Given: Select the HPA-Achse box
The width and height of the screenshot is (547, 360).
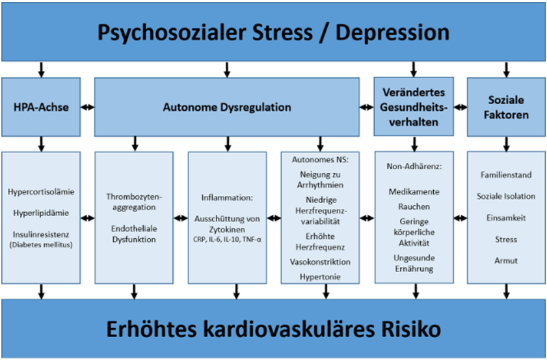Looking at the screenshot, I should point(41,107).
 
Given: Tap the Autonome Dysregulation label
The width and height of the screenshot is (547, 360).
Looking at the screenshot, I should point(226,107).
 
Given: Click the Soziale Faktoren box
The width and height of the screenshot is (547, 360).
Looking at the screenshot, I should point(506,107).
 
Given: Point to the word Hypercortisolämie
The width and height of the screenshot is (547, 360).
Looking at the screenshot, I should point(41,192).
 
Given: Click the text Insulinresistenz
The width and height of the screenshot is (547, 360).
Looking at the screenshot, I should point(41,234).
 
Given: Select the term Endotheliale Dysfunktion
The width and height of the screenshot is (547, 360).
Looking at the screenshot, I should point(134,234).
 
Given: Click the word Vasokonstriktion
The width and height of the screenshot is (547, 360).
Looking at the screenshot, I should point(320,262).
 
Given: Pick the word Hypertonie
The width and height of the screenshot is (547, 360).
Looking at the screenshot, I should point(320,277).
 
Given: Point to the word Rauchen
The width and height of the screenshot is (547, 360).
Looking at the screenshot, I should point(414,206).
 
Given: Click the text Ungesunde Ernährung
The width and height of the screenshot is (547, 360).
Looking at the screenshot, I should point(414,263).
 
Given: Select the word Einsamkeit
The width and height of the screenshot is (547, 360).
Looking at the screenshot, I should point(506,218).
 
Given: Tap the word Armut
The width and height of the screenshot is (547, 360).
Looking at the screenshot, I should point(506,260).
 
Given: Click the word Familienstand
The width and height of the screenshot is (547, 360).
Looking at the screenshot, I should point(506,176).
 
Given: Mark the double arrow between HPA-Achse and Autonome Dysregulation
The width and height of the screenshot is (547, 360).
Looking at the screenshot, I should point(88,107).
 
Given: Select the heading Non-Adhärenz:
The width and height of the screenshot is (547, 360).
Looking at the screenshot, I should point(414,167).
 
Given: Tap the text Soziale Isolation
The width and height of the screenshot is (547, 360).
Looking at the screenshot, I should point(506,197).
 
